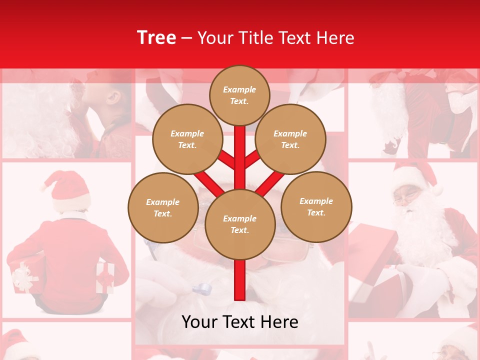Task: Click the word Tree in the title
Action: coord(156,37)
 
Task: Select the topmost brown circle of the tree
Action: coord(239,95)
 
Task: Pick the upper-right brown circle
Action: coord(290,139)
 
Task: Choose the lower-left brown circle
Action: coord(163,207)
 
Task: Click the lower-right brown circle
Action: coord(316,206)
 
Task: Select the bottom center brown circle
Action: coord(240,224)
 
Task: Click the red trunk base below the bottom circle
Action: coord(240,280)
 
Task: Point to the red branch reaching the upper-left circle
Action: coord(227,160)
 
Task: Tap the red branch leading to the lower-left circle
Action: coord(207,182)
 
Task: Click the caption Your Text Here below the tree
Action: coord(240,322)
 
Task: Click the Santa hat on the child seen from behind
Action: coord(67,190)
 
